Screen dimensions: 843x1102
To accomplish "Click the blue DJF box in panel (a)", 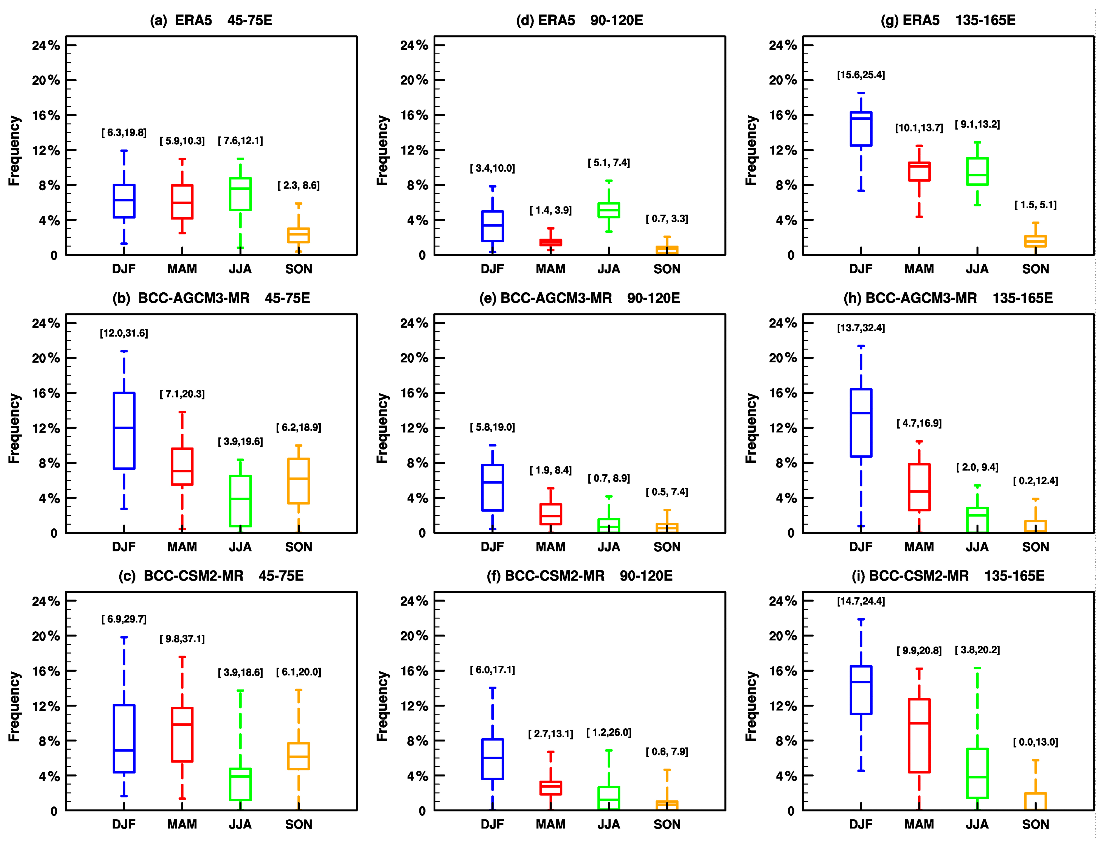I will (124, 201).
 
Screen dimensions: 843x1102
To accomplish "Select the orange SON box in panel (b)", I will (299, 481).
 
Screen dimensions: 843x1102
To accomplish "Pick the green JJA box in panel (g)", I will (977, 172).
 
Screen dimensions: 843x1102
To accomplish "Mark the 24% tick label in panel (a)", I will (46, 46).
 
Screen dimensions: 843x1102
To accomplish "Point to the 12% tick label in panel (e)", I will (414, 428).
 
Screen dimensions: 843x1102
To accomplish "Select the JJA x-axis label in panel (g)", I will (977, 269).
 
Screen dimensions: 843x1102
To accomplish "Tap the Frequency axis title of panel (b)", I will (14, 428).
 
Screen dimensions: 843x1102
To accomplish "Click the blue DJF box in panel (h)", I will (861, 422).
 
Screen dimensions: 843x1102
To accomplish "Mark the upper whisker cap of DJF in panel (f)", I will (493, 688).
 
